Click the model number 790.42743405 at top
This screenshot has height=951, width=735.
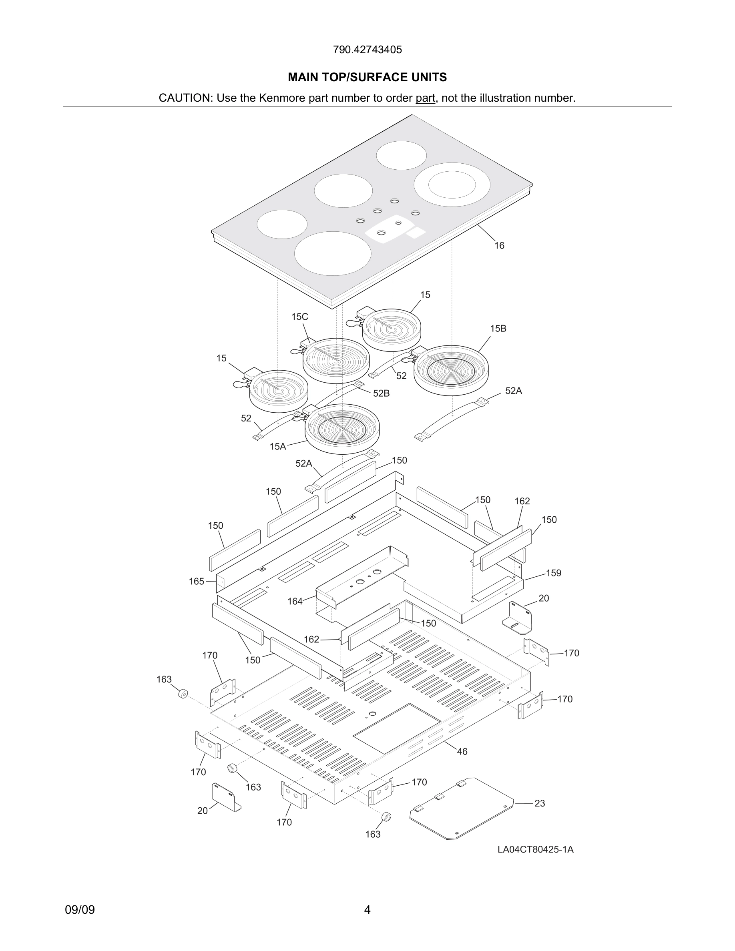click(367, 50)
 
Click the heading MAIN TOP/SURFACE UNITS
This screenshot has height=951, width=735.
click(367, 78)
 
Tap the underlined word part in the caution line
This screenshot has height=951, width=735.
click(425, 98)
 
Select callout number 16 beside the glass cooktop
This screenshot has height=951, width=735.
click(499, 246)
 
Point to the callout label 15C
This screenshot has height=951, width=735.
click(299, 317)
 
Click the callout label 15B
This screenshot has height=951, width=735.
click(498, 329)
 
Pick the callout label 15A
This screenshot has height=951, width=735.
click(277, 446)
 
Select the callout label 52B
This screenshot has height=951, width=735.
click(381, 393)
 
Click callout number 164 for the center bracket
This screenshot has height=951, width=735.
click(295, 601)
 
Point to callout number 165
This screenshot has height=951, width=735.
click(197, 581)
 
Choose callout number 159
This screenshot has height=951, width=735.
click(553, 573)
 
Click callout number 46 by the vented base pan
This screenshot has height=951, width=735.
click(462, 752)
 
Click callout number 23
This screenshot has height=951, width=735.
click(540, 803)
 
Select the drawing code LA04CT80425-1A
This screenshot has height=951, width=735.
click(536, 850)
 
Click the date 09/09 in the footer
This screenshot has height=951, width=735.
click(80, 910)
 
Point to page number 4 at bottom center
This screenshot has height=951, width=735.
click(367, 910)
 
